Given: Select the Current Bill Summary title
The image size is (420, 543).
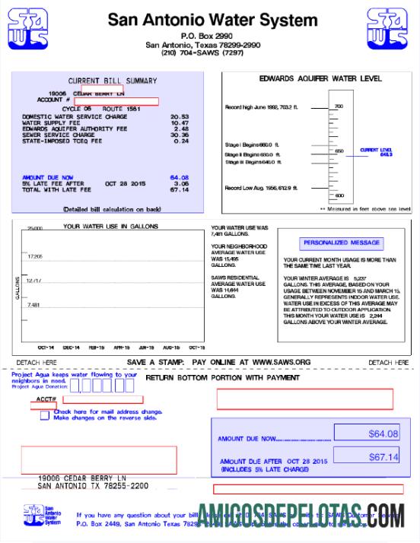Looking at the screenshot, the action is [x=113, y=81].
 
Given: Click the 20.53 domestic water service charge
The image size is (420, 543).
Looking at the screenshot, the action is [x=180, y=116].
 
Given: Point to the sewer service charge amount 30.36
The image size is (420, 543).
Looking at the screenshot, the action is [x=180, y=135].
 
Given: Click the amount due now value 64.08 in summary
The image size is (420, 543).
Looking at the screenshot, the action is [x=180, y=177].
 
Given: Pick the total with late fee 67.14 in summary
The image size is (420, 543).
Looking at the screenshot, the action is [x=180, y=189].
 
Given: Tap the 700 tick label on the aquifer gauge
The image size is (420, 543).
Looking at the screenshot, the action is [x=339, y=106].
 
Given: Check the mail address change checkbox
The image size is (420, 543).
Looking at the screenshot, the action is [x=45, y=415].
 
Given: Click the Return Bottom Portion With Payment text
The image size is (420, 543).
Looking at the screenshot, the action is [x=222, y=377].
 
